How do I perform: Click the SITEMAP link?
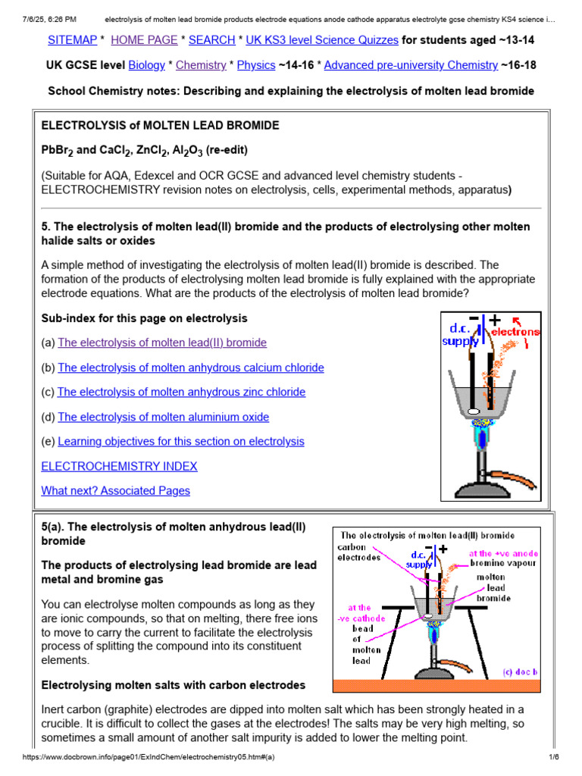click(x=73, y=39)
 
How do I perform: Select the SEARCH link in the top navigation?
click(x=211, y=39)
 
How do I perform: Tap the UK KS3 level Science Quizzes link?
click(x=322, y=39)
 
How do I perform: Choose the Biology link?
click(x=146, y=65)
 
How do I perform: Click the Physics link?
click(x=256, y=65)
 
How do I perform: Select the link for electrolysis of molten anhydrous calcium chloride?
click(x=190, y=368)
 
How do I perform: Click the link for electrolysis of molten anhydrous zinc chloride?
click(x=181, y=392)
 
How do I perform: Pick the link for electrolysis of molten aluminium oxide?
click(x=163, y=417)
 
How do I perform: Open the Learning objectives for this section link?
click(x=180, y=441)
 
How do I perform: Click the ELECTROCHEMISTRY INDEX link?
click(x=119, y=466)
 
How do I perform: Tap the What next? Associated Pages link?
click(x=115, y=490)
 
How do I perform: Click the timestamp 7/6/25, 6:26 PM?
click(x=50, y=6)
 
